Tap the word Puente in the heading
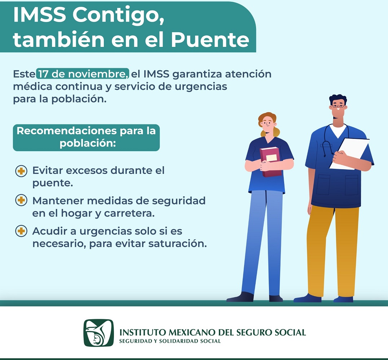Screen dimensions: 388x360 tap(210, 40)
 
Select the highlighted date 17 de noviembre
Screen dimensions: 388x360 tap(83, 74)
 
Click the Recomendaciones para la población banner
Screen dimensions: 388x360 tap(86, 137)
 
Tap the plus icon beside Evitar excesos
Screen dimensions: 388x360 tap(21, 171)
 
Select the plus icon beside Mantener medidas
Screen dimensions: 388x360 tap(21, 200)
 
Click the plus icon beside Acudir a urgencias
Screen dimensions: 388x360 tap(21, 231)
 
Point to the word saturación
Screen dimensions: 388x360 tap(177, 243)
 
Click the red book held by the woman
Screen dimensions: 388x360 tap(271, 162)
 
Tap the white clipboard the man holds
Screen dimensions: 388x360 tap(349, 154)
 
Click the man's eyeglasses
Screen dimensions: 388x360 tap(338, 106)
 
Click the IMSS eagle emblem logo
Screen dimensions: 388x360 tap(98, 333)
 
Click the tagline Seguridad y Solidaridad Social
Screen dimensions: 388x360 tap(170, 341)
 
